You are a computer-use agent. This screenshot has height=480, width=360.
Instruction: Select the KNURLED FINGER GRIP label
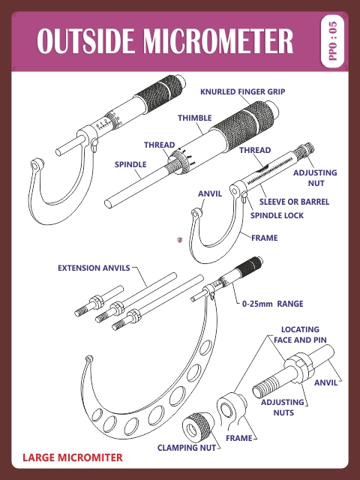click(242, 91)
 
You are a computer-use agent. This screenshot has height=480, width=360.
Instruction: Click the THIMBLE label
click(194, 118)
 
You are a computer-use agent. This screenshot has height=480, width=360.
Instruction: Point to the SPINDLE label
click(130, 163)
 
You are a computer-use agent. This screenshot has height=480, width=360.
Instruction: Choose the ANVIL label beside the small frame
click(210, 193)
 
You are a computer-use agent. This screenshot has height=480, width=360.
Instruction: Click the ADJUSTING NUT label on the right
click(314, 178)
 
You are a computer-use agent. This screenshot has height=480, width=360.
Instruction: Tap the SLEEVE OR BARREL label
click(294, 202)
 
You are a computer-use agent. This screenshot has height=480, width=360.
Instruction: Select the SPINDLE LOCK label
click(277, 215)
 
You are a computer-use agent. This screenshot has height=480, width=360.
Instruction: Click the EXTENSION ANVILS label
click(94, 267)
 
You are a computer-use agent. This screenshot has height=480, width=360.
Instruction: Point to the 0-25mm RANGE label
click(272, 304)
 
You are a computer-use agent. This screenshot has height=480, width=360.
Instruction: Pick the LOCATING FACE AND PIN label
click(300, 334)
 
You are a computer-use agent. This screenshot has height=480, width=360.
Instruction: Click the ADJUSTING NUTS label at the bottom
click(283, 407)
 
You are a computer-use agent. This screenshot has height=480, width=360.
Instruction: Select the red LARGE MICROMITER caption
click(72, 457)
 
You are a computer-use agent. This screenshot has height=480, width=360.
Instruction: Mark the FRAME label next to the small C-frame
click(264, 238)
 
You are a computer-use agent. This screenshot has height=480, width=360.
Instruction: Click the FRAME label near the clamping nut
click(239, 437)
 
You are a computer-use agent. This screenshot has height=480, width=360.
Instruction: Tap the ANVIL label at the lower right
click(326, 383)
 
